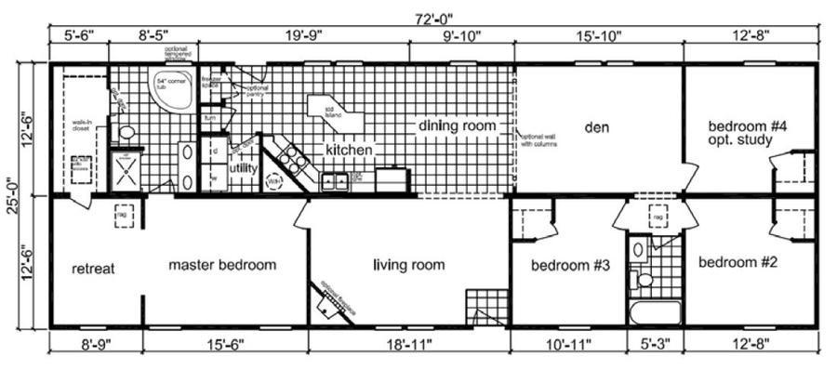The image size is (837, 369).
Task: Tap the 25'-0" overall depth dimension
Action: tap(13, 195)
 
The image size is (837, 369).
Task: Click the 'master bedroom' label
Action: tap(222, 265)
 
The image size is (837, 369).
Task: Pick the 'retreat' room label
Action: tap(93, 270)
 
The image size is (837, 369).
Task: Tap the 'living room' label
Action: tap(408, 265)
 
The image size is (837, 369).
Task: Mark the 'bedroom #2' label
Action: tap(737, 261)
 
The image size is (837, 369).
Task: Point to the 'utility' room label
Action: tap(245, 169)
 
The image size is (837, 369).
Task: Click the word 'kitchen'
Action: tap(349, 149)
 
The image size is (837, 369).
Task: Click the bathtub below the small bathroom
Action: tap(654, 311)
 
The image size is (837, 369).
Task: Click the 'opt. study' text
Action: tap(741, 141)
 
